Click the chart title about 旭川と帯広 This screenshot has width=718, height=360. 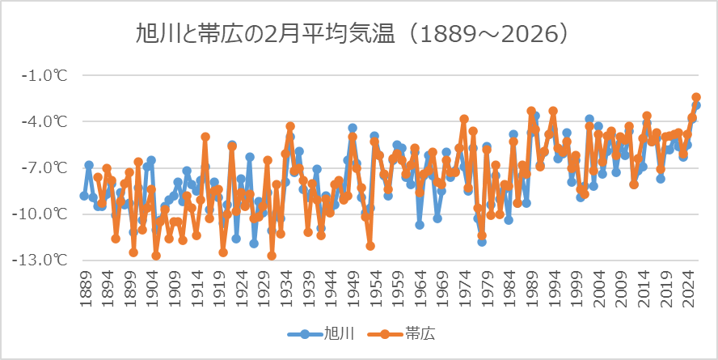[x=359, y=33]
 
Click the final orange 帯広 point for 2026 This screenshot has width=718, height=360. [x=696, y=98]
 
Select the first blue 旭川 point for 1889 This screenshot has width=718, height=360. [x=84, y=196]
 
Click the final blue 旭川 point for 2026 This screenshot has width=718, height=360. [x=696, y=106]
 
